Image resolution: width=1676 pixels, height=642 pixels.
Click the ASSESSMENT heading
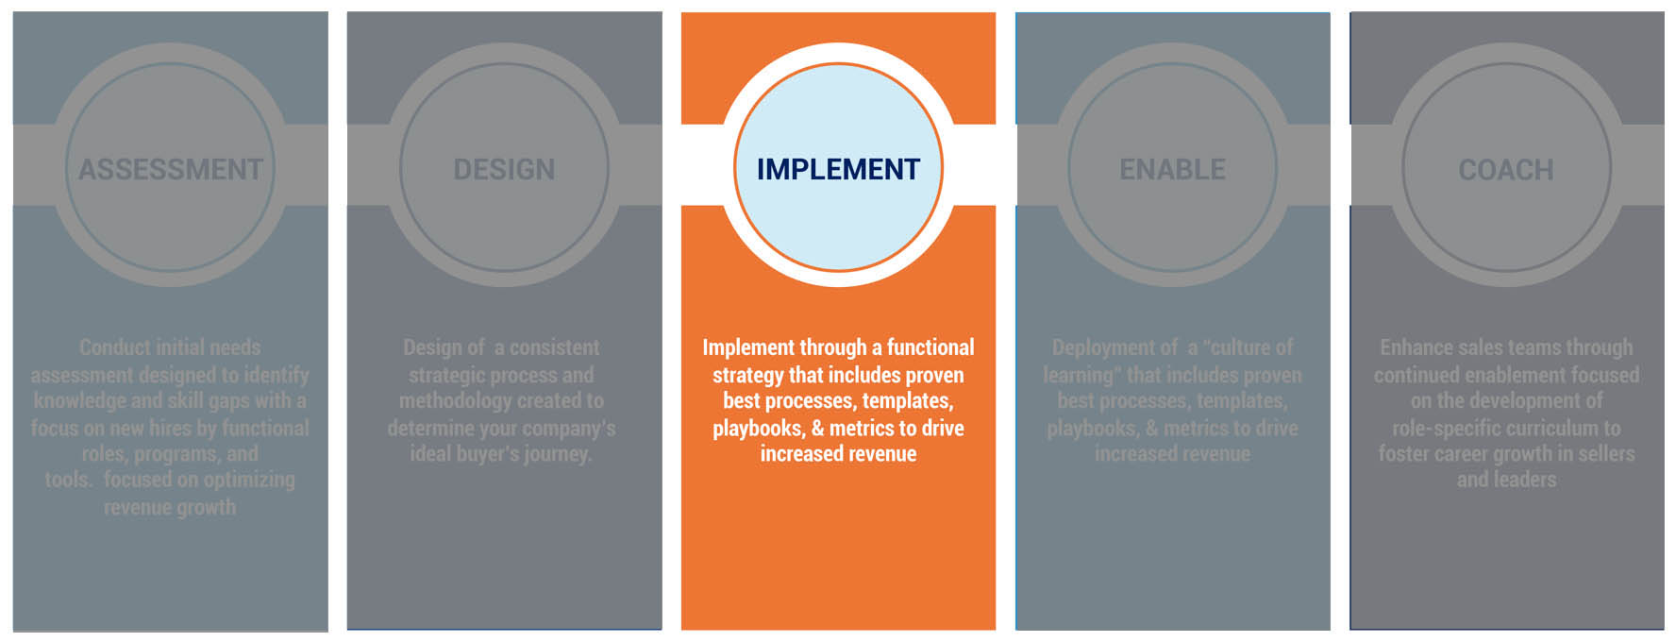(171, 170)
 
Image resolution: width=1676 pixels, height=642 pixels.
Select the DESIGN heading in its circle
(504, 170)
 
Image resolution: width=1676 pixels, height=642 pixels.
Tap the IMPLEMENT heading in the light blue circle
(838, 170)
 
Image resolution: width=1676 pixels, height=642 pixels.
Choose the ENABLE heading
(1172, 170)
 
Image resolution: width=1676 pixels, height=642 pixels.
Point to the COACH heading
(1506, 170)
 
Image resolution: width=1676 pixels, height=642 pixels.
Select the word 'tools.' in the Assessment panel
(69, 480)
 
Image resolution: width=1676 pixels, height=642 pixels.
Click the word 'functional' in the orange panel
(930, 347)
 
